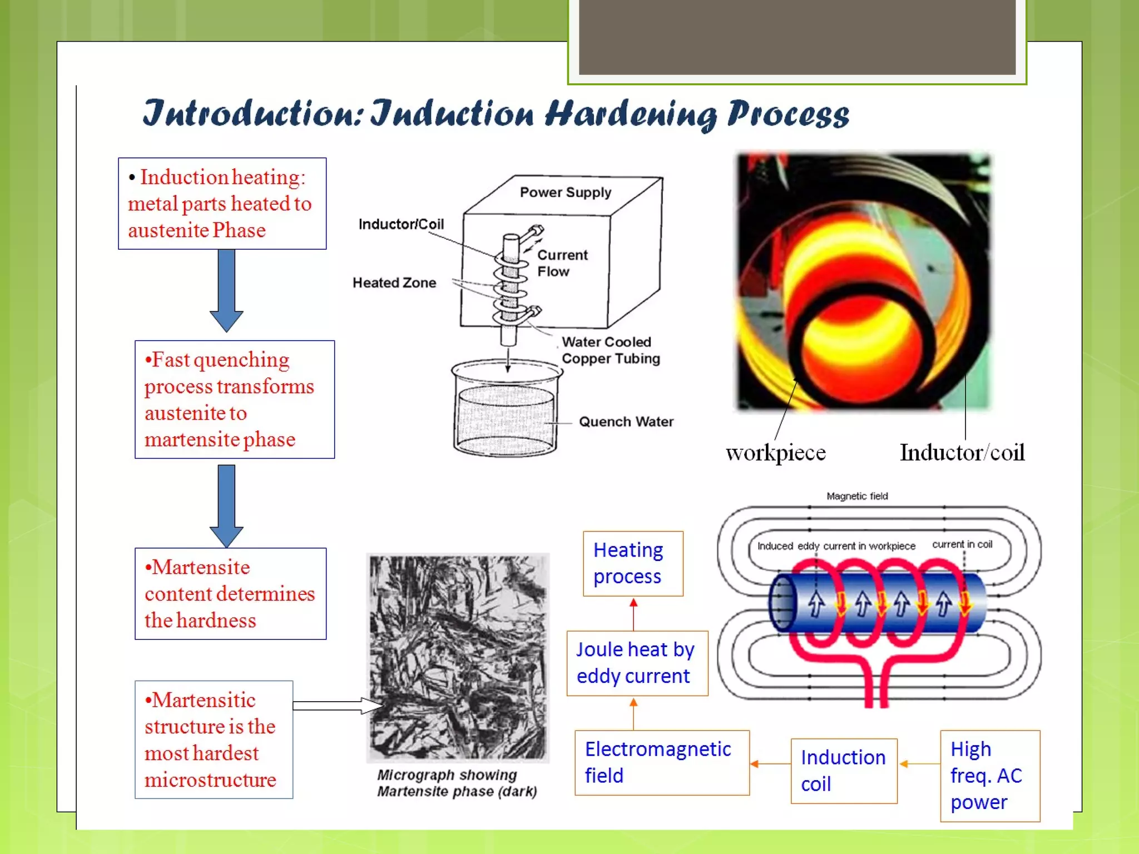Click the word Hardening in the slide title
[631, 114]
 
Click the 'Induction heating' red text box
[222, 203]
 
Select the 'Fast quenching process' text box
[234, 399]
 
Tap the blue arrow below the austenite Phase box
[226, 289]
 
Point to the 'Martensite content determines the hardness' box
[230, 594]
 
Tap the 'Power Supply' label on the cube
[565, 192]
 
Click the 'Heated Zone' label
[394, 282]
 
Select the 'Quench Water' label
[626, 421]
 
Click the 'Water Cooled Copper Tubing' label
[610, 350]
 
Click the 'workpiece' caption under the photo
[775, 453]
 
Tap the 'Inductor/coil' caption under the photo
[962, 453]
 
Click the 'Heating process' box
[633, 563]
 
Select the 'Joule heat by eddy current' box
[637, 663]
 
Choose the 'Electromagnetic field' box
[662, 762]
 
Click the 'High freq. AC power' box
[989, 776]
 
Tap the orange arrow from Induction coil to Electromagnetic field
[770, 764]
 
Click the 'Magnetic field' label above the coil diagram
[856, 496]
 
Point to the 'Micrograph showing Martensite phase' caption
[457, 783]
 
